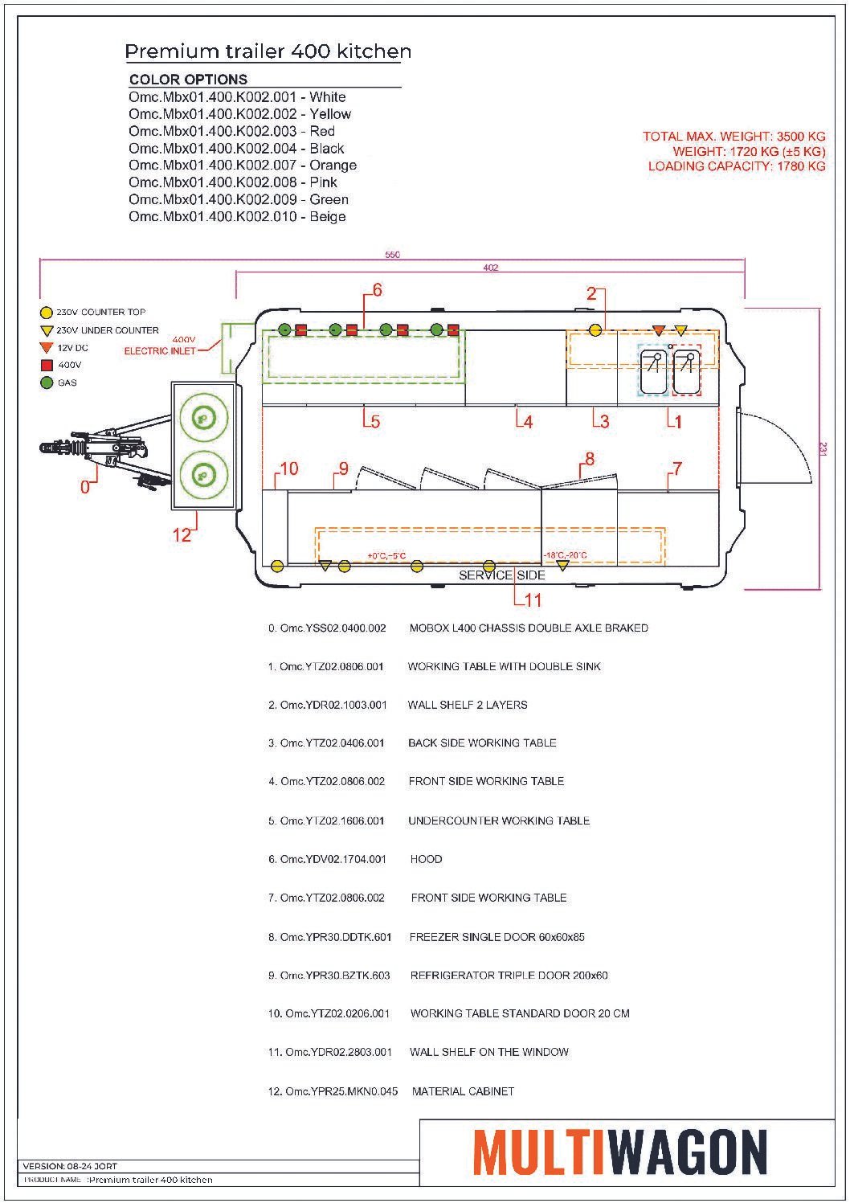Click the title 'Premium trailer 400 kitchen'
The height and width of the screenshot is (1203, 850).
tap(268, 51)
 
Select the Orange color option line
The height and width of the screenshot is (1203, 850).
tap(242, 166)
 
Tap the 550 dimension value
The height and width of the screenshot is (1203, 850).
tap(393, 255)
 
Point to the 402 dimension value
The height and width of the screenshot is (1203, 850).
tap(490, 268)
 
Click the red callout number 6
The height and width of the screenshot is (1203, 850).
tap(377, 290)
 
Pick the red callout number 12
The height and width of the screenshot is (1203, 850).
tap(182, 535)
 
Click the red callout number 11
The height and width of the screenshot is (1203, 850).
tap(533, 599)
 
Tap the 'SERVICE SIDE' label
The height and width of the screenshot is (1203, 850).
tap(501, 575)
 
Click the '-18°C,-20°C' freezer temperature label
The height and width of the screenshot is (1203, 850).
tap(565, 554)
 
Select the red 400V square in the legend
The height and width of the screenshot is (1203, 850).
tap(47, 365)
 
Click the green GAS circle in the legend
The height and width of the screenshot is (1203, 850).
tap(47, 383)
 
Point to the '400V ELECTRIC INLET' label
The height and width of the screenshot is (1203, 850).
tap(160, 346)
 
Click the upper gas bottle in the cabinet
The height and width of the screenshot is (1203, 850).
tap(204, 418)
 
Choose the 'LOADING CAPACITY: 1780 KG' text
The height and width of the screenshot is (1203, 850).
tap(737, 166)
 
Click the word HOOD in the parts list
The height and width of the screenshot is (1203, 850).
tap(427, 859)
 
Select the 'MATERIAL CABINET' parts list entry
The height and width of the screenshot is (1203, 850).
tap(463, 1091)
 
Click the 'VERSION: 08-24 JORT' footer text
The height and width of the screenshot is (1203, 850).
tap(70, 1166)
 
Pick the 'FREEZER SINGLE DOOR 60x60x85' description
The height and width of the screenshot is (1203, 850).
tap(497, 937)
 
